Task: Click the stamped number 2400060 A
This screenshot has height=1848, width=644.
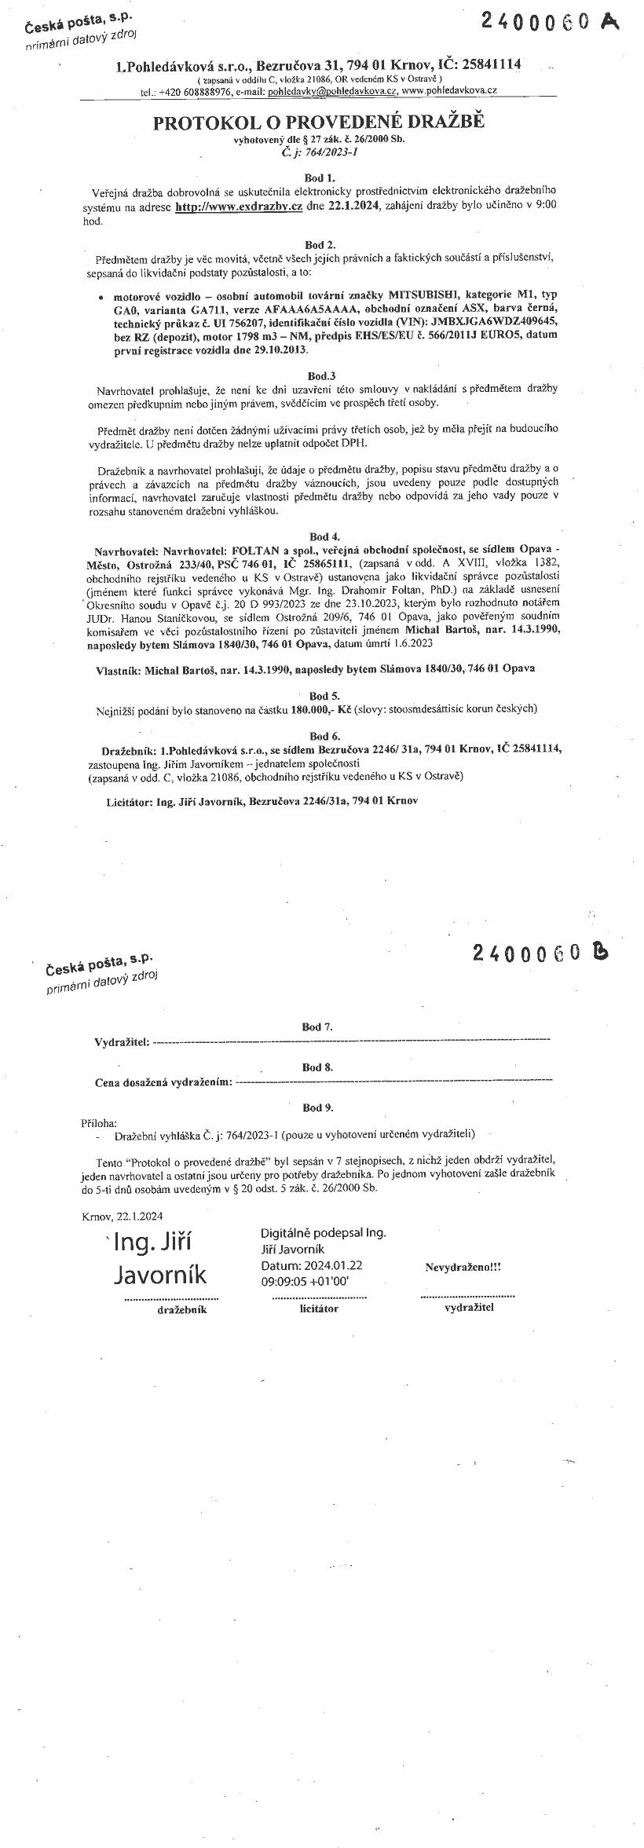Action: click(550, 22)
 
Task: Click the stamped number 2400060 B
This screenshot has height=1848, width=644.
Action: click(540, 953)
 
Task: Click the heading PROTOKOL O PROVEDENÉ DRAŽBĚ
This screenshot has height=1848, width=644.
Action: click(319, 123)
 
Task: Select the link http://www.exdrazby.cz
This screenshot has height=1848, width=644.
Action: click(239, 207)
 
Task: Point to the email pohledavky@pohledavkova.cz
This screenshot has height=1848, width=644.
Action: click(332, 91)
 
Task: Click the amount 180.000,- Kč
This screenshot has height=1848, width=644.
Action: click(320, 708)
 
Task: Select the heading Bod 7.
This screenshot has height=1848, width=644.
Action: click(317, 1026)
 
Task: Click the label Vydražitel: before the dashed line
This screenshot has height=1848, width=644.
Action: click(122, 1042)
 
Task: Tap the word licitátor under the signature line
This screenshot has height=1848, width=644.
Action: click(319, 1309)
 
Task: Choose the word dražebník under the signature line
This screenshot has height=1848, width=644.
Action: click(181, 1311)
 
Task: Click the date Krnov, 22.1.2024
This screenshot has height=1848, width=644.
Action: click(122, 1217)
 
